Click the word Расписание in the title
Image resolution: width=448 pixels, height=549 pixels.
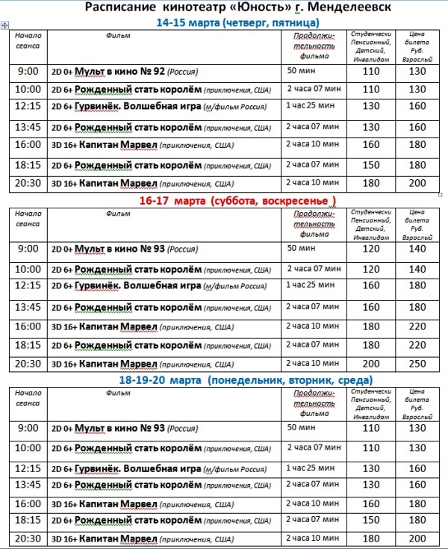tap(119, 8)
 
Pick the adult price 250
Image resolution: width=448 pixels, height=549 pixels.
tap(416, 363)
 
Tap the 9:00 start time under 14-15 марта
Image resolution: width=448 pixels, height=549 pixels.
tap(27, 72)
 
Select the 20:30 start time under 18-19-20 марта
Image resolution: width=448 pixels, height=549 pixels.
tap(28, 538)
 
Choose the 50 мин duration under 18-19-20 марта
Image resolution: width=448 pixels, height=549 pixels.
tap(302, 427)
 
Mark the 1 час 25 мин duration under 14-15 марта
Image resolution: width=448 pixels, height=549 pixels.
tap(312, 107)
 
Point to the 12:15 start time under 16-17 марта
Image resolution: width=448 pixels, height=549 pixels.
tap(28, 285)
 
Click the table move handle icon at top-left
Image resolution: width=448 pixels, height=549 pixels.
tap(5, 25)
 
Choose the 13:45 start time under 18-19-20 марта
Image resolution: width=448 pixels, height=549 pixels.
tap(28, 485)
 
